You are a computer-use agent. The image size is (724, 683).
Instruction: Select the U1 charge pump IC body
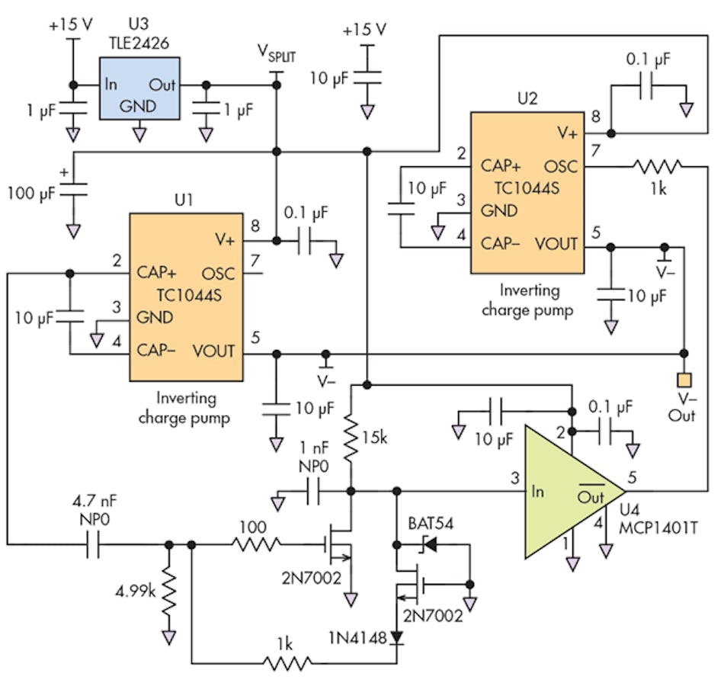185,297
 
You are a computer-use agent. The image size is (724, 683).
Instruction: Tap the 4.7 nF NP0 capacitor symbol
92,544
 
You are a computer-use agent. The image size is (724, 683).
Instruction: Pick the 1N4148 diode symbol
396,637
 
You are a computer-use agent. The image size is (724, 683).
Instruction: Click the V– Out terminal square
684,380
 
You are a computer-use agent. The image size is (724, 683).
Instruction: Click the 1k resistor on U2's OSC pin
658,165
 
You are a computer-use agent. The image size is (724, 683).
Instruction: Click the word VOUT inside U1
214,351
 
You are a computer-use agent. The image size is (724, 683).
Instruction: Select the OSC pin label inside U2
561,166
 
